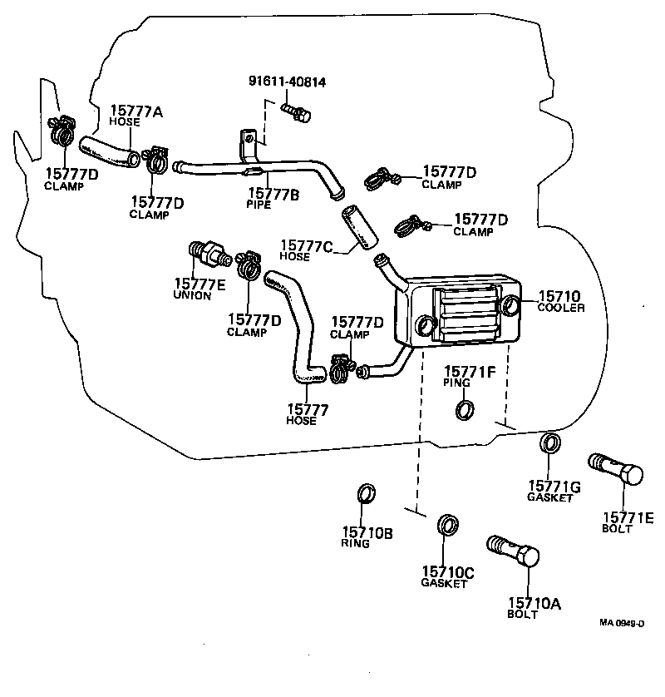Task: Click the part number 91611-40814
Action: (287, 82)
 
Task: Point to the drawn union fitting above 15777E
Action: (207, 251)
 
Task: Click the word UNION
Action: (192, 295)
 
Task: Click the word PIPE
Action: (259, 204)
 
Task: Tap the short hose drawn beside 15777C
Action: (354, 227)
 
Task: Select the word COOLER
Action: (561, 308)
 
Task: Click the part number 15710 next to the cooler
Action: (559, 296)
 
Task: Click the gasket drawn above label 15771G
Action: (549, 442)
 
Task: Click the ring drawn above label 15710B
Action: (366, 494)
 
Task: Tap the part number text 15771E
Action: (628, 517)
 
